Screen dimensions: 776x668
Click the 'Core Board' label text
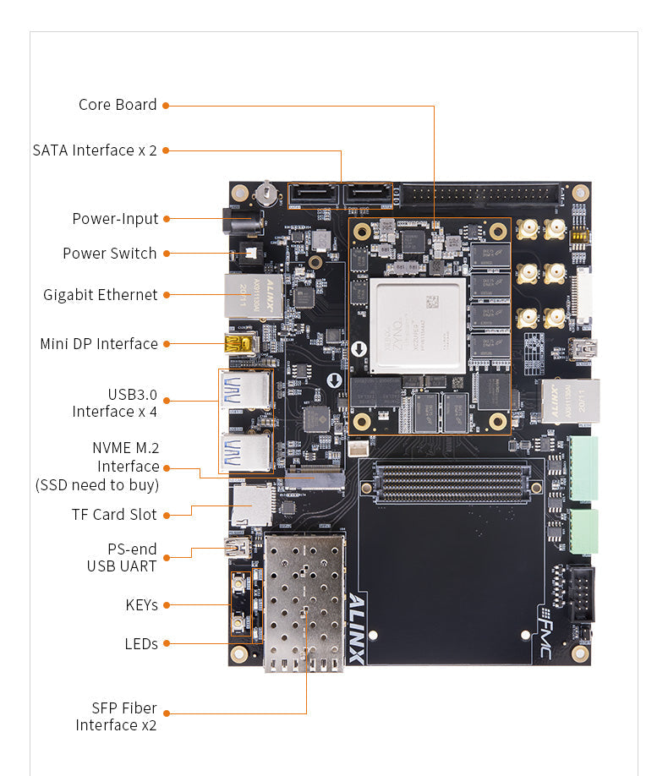[118, 105]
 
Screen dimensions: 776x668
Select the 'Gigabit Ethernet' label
[100, 295]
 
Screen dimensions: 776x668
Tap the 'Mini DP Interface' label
[98, 344]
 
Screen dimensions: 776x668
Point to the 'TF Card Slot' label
[113, 515]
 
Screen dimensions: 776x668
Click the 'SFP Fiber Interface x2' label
[116, 717]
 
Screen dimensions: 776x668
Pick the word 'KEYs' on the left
[141, 605]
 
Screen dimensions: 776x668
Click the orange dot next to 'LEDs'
[166, 644]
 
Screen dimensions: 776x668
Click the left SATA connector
[314, 197]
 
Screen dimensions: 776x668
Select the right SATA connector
[368, 197]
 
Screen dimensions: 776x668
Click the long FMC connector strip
[451, 483]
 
